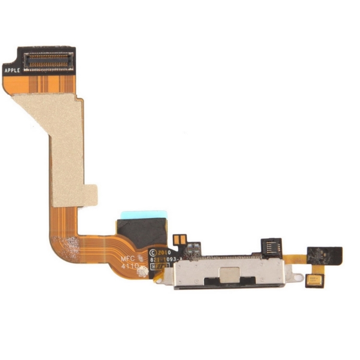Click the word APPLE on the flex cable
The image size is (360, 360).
12,70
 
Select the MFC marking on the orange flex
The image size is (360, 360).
128,257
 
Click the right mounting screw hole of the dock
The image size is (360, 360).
298,277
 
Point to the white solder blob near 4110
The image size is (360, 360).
142,272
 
